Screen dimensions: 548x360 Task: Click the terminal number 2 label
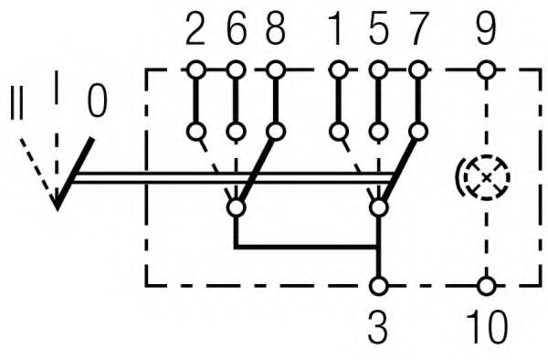tap(195, 32)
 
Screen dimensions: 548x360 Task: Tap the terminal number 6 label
tap(235, 32)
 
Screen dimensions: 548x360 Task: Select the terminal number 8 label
tap(275, 32)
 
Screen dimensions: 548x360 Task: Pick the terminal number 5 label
tap(378, 32)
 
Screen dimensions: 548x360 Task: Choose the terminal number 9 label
tap(487, 32)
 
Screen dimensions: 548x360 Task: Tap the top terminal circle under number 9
tap(487, 69)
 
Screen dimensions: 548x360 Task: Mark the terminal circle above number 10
tap(487, 285)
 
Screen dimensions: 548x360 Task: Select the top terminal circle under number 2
tap(195, 69)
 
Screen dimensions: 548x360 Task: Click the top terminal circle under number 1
tap(339, 69)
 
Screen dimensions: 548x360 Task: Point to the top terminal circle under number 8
tap(275, 69)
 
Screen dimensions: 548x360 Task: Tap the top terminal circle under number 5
tap(378, 69)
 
